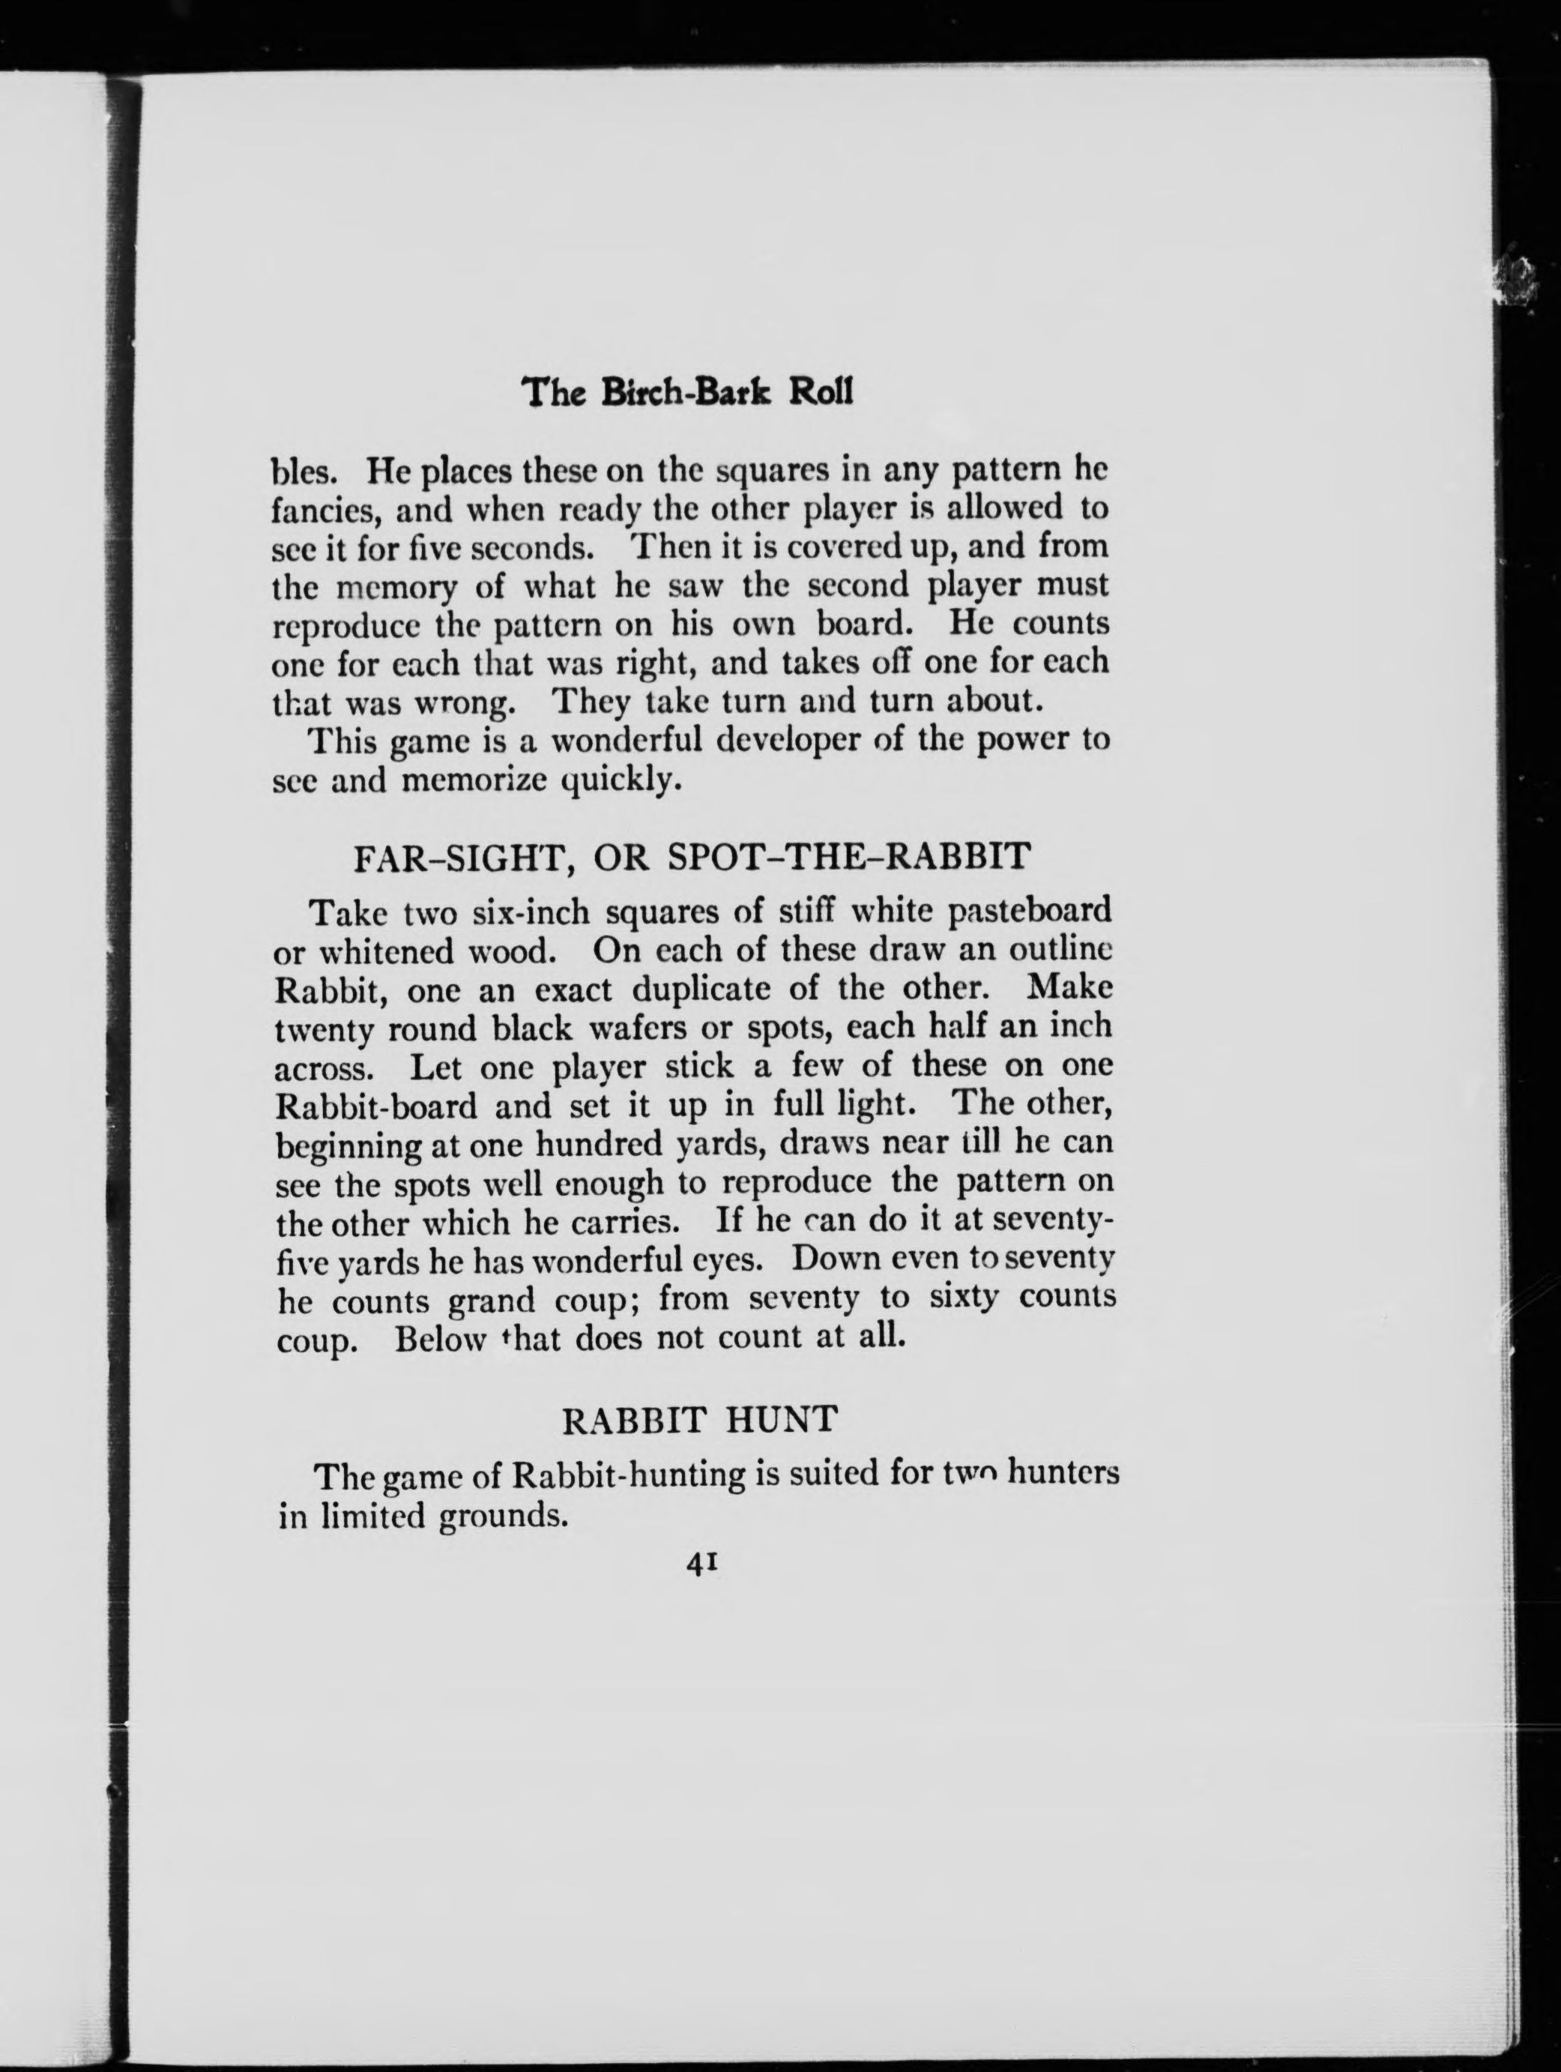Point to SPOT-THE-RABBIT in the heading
tap(852, 856)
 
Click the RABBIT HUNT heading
tap(698, 1420)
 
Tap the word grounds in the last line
tap(504, 1516)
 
